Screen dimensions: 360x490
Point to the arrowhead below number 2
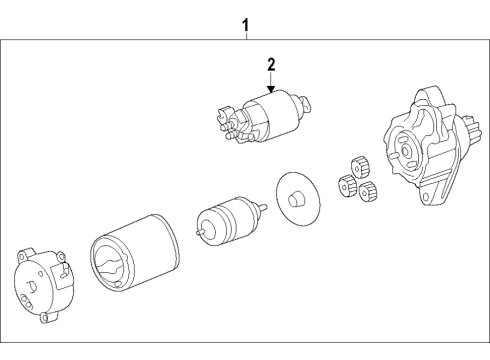coord(269,89)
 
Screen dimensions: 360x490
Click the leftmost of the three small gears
coord(346,184)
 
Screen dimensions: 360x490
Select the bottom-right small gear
coord(367,191)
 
